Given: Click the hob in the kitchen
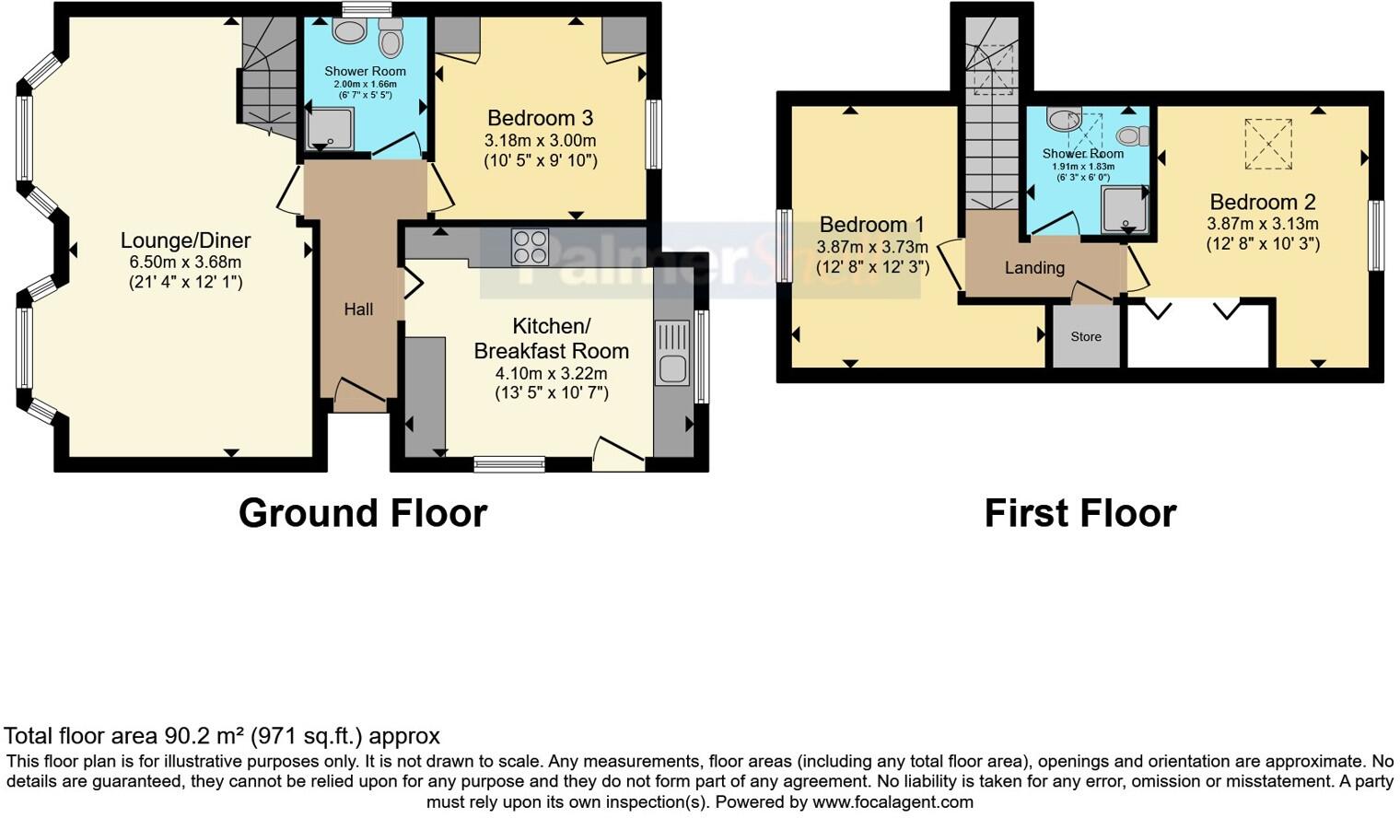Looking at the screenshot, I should click(x=530, y=247).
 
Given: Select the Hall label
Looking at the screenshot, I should click(x=358, y=310).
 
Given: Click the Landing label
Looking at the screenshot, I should click(x=1034, y=268).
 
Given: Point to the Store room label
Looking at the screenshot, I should click(x=1086, y=337).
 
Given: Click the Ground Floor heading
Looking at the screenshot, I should click(x=363, y=513).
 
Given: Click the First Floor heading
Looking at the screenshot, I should click(x=1079, y=513).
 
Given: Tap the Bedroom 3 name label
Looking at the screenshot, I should click(x=540, y=118).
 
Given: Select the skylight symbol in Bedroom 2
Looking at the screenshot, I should click(x=1268, y=145).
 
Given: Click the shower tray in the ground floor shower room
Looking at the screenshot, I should click(x=329, y=129).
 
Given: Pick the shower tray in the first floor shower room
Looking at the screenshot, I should click(x=1125, y=208).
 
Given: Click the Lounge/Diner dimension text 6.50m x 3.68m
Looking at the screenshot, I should click(x=185, y=263).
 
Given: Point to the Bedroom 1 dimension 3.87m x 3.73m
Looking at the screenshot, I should click(x=871, y=247).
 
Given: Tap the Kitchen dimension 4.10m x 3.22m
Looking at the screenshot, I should click(x=551, y=373).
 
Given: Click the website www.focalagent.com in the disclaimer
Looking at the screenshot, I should click(x=892, y=801).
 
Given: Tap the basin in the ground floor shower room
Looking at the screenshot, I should click(x=348, y=32).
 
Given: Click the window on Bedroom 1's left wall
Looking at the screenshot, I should click(x=784, y=245).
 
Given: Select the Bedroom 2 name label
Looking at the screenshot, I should click(x=1262, y=202).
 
